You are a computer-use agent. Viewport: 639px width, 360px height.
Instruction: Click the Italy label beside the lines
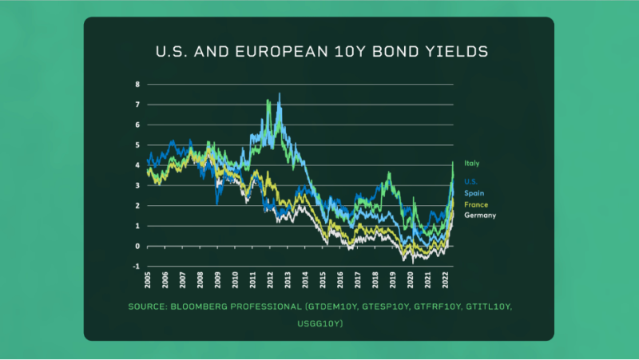(x=472, y=164)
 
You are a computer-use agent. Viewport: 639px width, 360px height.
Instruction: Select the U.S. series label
(x=471, y=181)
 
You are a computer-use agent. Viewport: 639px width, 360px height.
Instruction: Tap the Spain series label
(x=474, y=193)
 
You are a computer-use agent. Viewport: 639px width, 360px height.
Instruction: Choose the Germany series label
(x=479, y=216)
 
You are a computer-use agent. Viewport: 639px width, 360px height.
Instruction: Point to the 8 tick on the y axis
(x=137, y=84)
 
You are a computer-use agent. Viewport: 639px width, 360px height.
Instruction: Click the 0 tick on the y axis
(x=137, y=246)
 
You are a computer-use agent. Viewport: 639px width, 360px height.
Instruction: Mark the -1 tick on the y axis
(x=136, y=267)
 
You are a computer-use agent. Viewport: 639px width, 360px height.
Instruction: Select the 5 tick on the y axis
(x=137, y=144)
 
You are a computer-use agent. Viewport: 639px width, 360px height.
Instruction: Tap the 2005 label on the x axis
(x=149, y=280)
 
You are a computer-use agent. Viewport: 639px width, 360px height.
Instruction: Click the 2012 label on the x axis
(x=270, y=280)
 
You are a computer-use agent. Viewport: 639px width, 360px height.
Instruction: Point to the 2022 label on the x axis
(x=444, y=280)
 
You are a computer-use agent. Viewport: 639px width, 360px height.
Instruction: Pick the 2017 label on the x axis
(x=357, y=280)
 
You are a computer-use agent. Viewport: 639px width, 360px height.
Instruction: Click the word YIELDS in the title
(x=459, y=53)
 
